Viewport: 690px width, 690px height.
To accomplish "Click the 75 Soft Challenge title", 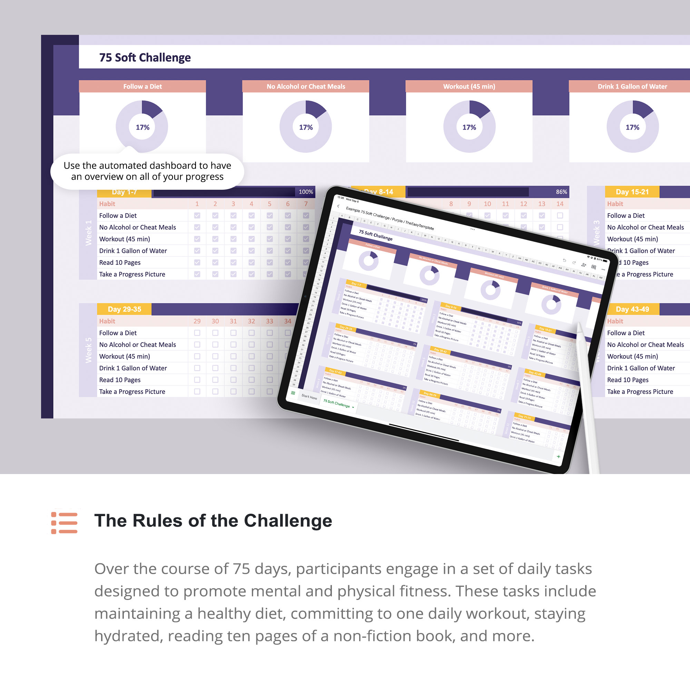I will (x=145, y=58).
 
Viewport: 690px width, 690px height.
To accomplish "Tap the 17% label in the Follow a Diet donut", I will (x=142, y=127).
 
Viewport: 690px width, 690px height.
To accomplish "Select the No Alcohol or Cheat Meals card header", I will (x=306, y=87).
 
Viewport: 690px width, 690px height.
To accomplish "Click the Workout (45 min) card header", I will (x=469, y=87).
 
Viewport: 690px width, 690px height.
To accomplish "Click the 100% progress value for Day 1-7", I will (x=306, y=192).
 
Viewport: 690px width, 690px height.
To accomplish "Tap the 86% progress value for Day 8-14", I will (x=561, y=192).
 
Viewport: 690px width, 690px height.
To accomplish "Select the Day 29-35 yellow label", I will (x=124, y=309).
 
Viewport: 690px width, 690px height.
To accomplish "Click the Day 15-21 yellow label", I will (x=632, y=192).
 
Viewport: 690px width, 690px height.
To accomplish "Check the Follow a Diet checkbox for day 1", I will (x=197, y=215).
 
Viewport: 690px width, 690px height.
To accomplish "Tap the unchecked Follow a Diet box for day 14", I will (x=560, y=215).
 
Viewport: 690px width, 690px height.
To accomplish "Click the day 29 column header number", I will (x=197, y=321).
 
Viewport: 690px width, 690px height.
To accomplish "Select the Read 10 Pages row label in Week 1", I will (x=120, y=263).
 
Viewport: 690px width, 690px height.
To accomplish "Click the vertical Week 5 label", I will (x=88, y=350).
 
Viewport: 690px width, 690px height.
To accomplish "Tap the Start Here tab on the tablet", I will (x=309, y=397).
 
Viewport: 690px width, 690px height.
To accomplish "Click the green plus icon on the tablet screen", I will (x=558, y=456).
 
